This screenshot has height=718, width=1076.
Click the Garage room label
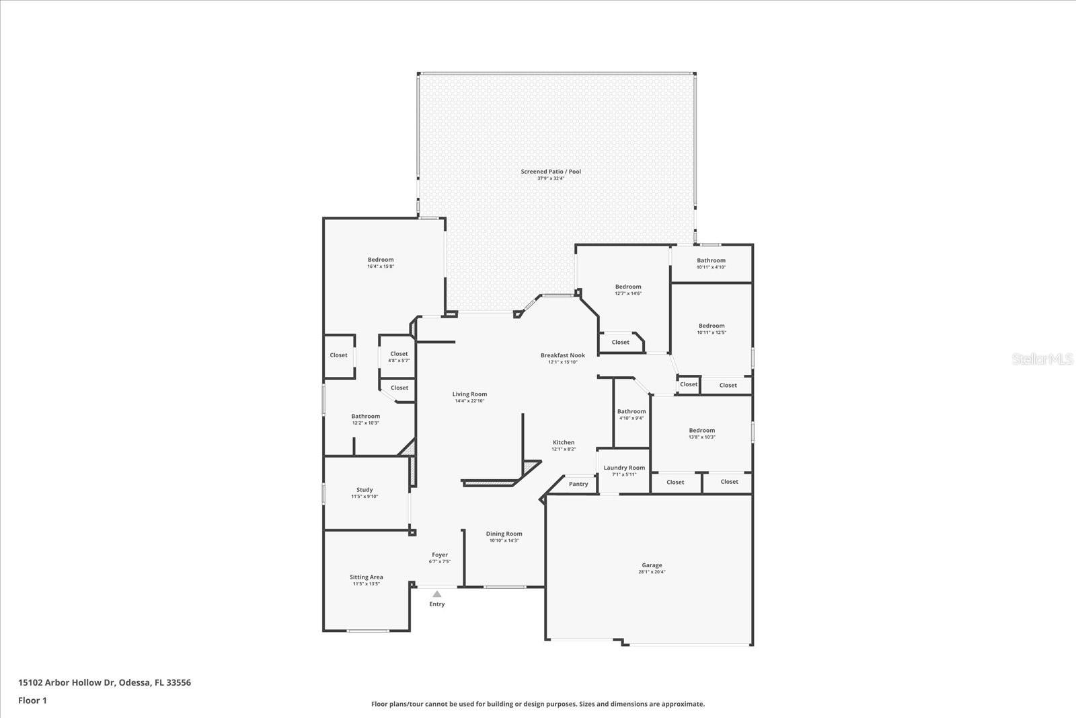tap(652, 565)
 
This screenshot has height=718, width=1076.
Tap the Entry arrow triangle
tap(437, 594)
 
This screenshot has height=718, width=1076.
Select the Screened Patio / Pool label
tap(551, 172)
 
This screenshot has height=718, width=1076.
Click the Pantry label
tap(578, 484)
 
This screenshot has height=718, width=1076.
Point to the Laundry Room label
tap(624, 468)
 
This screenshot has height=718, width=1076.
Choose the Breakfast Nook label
tap(563, 355)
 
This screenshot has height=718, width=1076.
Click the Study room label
tap(364, 490)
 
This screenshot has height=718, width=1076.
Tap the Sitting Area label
tap(367, 577)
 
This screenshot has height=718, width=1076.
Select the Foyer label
tap(440, 555)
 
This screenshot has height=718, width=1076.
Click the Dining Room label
tap(504, 534)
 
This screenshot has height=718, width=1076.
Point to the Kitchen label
tap(564, 442)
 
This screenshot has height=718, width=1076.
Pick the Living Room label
tap(469, 394)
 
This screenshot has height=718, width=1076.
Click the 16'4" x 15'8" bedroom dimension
tap(381, 266)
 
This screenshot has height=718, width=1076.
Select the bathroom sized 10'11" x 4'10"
tap(711, 263)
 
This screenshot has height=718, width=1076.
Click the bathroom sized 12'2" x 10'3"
tap(366, 419)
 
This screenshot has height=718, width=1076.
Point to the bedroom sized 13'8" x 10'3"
tap(701, 433)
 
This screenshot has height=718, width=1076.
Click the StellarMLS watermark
tap(1043, 359)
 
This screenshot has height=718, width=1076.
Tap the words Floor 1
tap(32, 701)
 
